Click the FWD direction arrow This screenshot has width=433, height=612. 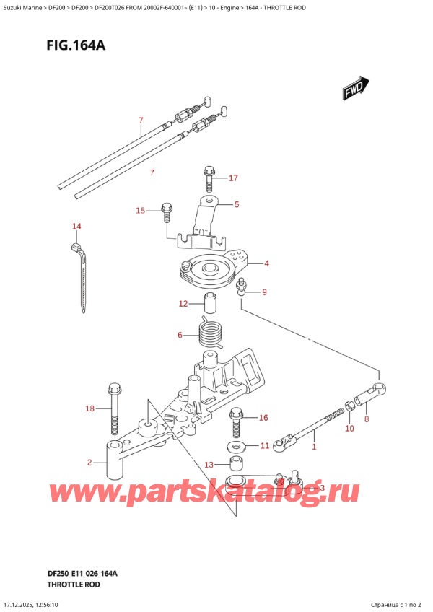(x=354, y=89)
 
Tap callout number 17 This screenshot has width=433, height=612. (x=233, y=178)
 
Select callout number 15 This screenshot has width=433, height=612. (x=141, y=211)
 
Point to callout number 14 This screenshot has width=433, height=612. (x=76, y=227)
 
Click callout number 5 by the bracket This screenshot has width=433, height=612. (x=236, y=205)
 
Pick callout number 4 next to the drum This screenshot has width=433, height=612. (x=266, y=263)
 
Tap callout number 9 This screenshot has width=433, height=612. (x=264, y=292)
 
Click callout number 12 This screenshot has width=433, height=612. (x=183, y=304)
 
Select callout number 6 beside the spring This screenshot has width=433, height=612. (x=181, y=335)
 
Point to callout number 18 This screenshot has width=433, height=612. (x=89, y=409)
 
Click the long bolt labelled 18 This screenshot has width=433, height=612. (x=113, y=408)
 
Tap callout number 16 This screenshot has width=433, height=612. (x=263, y=417)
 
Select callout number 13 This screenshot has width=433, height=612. (x=209, y=464)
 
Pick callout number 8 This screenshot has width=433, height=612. (x=367, y=419)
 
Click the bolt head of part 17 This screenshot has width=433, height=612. (x=209, y=172)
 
